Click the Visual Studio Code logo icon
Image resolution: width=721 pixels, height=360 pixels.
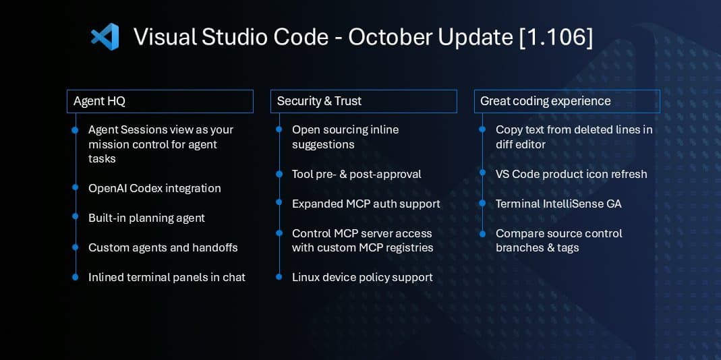click(105, 36)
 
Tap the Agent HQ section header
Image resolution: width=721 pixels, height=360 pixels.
click(160, 101)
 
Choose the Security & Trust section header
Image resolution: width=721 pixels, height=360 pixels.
click(364, 101)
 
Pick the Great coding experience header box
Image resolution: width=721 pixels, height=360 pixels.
click(567, 101)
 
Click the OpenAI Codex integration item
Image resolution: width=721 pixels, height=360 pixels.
click(154, 188)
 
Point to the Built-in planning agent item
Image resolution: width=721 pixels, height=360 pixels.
click(146, 218)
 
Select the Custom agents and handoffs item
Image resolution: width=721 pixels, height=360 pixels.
click(163, 247)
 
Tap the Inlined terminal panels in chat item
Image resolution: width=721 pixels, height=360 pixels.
click(167, 277)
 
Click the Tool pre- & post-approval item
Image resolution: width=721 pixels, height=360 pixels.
click(356, 174)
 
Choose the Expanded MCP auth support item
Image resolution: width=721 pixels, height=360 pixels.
click(366, 204)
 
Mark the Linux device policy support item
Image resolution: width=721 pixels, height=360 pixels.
click(362, 277)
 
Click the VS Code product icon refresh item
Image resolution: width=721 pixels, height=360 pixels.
click(571, 174)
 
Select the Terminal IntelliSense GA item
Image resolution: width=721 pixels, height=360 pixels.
click(558, 204)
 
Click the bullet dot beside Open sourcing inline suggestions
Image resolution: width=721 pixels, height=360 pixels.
click(279, 129)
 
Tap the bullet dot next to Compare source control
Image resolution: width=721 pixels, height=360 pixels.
click(482, 233)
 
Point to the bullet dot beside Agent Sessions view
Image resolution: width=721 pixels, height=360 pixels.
click(75, 129)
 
